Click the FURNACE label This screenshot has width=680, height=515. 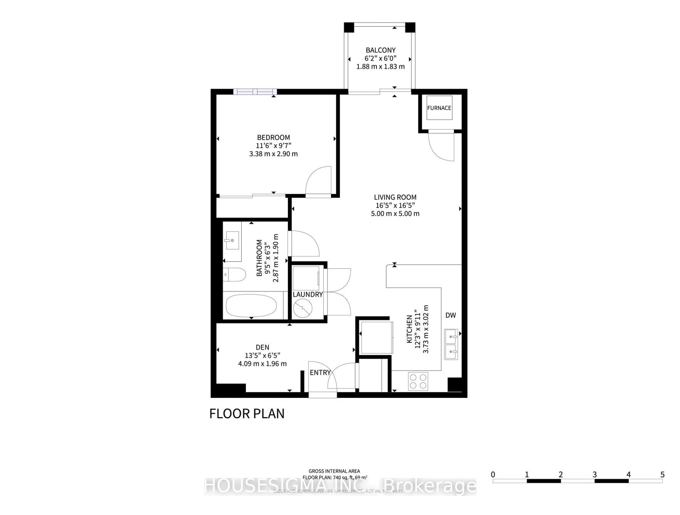coord(439,108)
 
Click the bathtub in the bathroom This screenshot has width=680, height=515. coord(251,305)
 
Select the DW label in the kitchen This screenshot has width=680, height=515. coord(451,315)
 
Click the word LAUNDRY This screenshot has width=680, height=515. coord(307,295)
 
